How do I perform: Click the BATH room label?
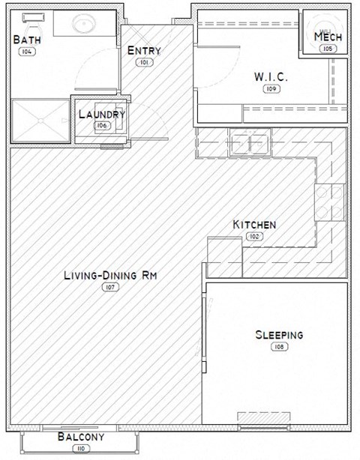[28, 40]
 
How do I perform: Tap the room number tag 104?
[26, 52]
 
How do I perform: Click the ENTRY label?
[144, 50]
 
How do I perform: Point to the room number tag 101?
[144, 62]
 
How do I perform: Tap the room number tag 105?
[326, 49]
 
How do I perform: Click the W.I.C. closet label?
[271, 76]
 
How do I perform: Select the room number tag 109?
[271, 88]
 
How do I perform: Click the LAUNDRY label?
[101, 115]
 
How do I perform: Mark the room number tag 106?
[102, 125]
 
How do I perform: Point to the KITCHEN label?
[254, 225]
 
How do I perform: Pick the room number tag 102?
[254, 237]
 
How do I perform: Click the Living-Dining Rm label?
[109, 276]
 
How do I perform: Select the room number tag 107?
[109, 288]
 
